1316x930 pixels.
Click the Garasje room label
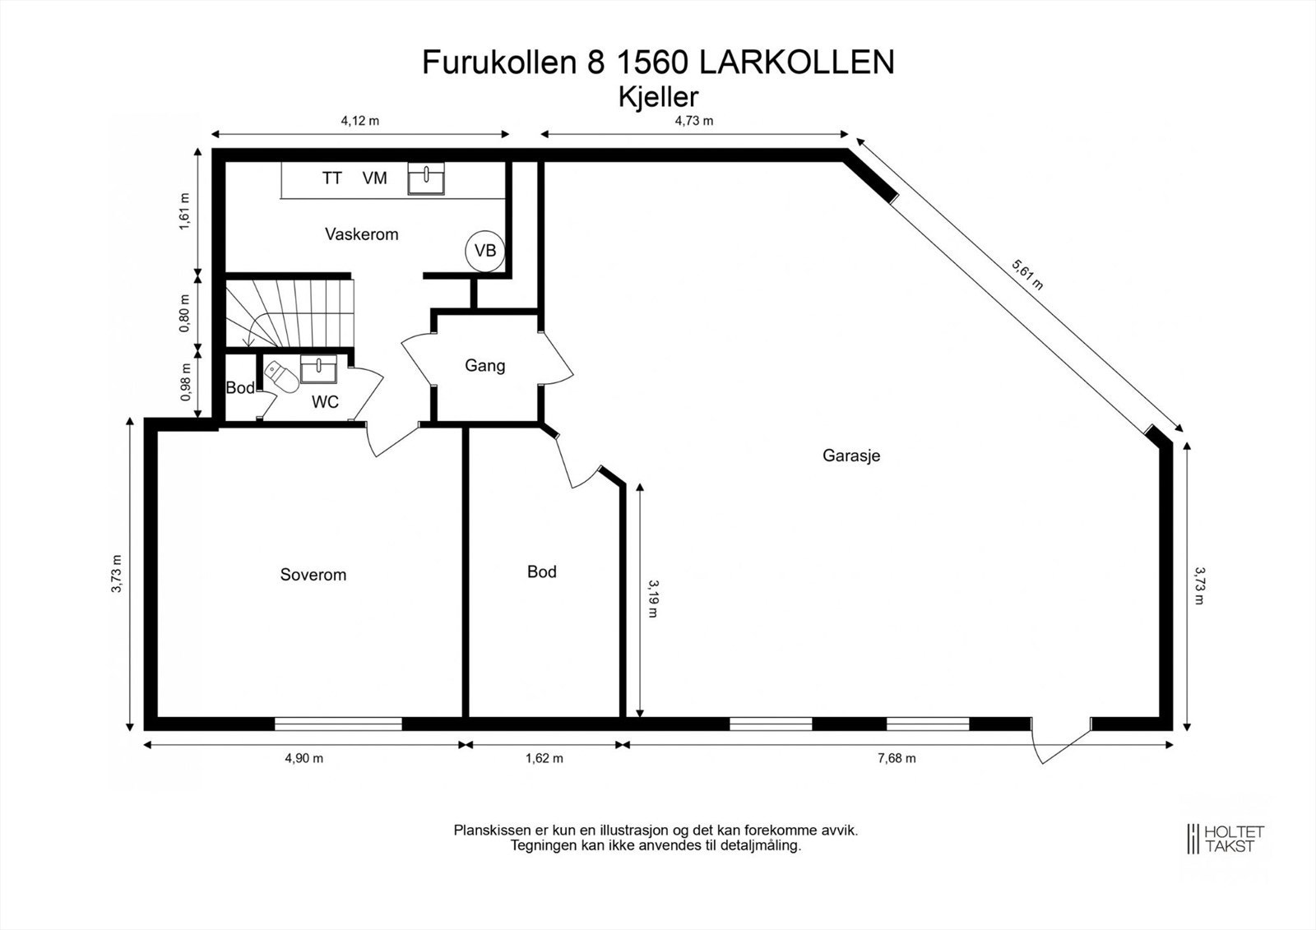(851, 456)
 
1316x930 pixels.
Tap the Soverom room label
(313, 575)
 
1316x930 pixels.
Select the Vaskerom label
(361, 234)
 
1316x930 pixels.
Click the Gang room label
(484, 366)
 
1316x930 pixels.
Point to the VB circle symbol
(485, 250)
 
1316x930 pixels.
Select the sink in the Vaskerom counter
(426, 178)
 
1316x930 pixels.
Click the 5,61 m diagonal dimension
(1027, 275)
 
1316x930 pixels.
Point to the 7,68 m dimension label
(896, 758)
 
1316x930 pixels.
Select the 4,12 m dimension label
(360, 121)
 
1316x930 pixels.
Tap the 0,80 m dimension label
(185, 312)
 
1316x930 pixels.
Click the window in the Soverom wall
(337, 724)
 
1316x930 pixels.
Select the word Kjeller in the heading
(658, 97)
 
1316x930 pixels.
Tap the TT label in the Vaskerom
(331, 178)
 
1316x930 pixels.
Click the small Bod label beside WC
(240, 388)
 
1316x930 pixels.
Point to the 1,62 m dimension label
(544, 758)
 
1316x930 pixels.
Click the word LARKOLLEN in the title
(796, 62)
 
